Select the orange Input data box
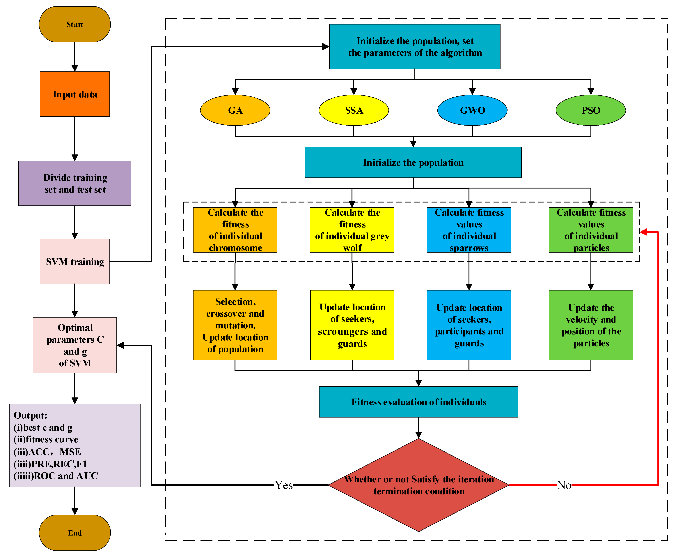point(75,94)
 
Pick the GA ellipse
point(235,110)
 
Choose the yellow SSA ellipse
point(354,110)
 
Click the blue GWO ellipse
point(472,110)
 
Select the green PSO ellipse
point(591,110)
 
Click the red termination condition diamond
point(418,485)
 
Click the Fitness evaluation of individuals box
point(418,402)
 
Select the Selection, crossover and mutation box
point(235,325)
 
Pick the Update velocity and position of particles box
point(591,325)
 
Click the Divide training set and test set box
point(75,183)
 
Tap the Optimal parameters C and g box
point(75,345)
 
